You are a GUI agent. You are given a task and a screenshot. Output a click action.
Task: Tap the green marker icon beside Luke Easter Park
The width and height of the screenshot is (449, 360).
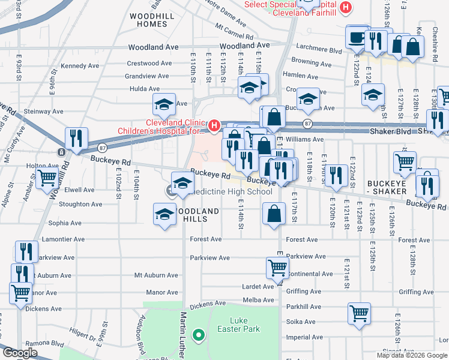197,334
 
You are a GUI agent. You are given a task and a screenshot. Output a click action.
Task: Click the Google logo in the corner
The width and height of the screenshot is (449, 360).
20,353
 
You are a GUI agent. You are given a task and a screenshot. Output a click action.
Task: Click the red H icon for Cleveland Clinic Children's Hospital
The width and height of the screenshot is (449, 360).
214,125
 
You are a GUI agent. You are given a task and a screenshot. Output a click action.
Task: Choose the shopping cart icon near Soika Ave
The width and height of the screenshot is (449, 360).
359,313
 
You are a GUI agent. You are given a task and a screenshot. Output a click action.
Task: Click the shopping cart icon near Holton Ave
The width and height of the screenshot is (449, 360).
47,178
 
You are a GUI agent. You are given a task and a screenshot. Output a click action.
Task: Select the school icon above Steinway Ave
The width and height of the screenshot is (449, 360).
164,104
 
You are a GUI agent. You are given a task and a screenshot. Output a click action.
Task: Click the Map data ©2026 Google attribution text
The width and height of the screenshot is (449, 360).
412,355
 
